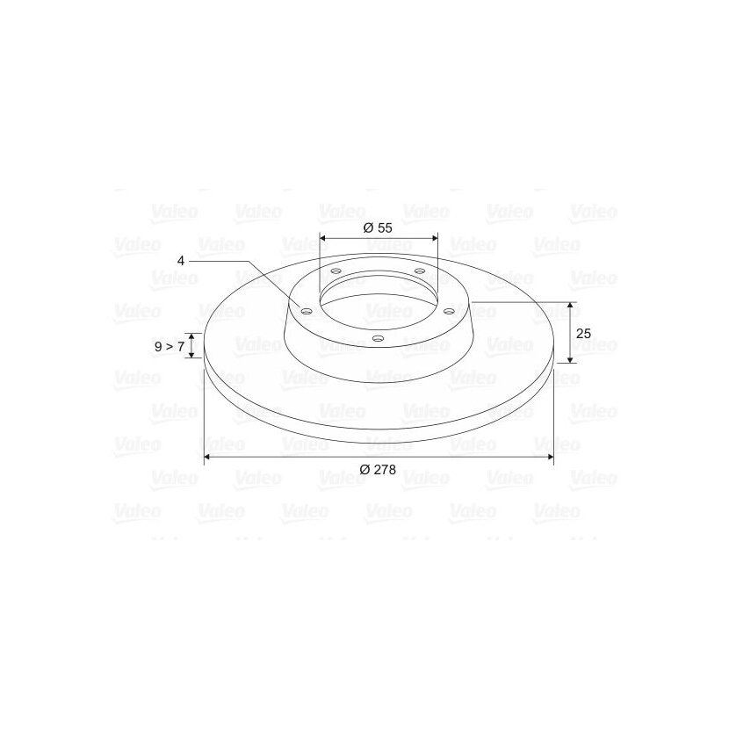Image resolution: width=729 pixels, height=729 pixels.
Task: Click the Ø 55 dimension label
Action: point(378,227)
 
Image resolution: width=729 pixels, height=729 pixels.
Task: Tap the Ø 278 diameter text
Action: point(378,470)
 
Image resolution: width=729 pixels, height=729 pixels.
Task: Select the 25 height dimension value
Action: point(583,334)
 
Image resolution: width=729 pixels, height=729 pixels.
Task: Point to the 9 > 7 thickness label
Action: point(170,346)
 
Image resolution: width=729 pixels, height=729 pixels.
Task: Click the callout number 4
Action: point(181,261)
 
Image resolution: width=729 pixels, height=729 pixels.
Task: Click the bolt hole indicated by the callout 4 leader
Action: point(307,311)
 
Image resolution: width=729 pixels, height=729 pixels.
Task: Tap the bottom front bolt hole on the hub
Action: point(379,338)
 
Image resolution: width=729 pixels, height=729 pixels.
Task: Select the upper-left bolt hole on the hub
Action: point(336,271)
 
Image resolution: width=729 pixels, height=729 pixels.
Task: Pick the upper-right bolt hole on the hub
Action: point(420,271)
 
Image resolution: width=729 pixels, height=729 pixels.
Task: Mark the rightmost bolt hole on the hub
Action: point(449,311)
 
